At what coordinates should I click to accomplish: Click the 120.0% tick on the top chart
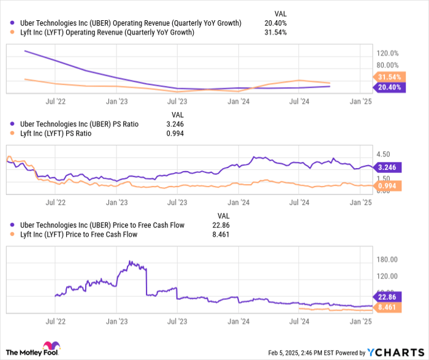pyautogui.click(x=387, y=54)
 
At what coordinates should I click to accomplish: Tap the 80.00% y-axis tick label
pyautogui.click(x=387, y=65)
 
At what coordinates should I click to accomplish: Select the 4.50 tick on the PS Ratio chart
pyautogui.click(x=384, y=155)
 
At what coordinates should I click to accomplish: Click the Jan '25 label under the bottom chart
pyautogui.click(x=361, y=321)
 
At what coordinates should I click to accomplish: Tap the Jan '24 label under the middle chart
pyautogui.click(x=239, y=202)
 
